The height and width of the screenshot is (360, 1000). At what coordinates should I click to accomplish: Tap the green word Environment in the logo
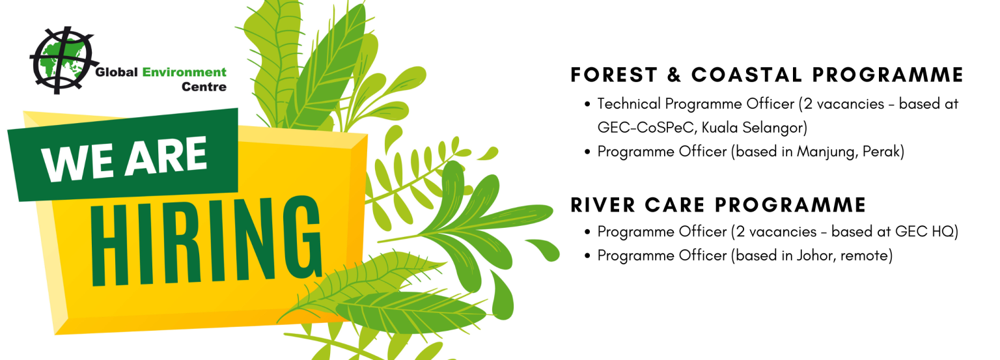click(184, 72)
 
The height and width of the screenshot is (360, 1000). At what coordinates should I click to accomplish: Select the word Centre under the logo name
click(204, 87)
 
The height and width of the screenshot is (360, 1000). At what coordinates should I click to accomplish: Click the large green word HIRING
click(206, 240)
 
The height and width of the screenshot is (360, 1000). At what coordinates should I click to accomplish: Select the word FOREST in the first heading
click(615, 75)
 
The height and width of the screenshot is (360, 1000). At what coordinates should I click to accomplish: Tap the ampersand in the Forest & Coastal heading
click(674, 75)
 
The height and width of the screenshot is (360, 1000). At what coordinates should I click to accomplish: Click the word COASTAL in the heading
click(747, 75)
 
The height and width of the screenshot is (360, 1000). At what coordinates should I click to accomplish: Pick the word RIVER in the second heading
click(603, 205)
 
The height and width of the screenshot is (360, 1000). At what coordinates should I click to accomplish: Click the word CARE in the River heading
click(674, 205)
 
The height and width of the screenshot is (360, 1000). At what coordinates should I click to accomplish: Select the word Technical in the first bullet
click(629, 104)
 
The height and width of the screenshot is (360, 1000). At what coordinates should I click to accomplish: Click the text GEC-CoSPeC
click(647, 128)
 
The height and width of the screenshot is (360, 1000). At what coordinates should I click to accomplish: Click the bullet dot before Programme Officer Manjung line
click(587, 152)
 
